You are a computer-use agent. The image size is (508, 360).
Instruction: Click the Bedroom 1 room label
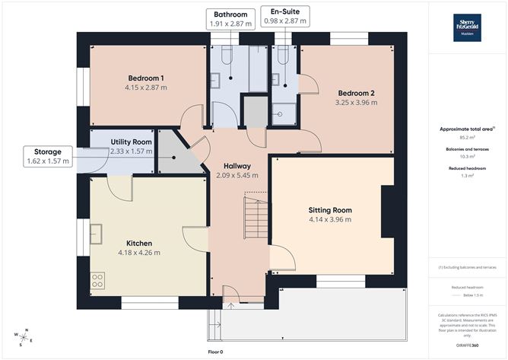coord(146,78)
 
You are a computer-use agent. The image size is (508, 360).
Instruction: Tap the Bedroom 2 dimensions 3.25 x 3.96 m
coord(357,103)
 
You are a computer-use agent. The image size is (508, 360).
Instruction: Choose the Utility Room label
coord(131,142)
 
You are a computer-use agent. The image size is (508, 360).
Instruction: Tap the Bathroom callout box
coord(230,19)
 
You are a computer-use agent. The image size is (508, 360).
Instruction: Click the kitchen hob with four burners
coord(97,280)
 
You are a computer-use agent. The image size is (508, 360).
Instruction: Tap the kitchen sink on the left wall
coord(97,233)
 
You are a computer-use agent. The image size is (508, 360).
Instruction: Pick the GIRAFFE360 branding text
coord(467,345)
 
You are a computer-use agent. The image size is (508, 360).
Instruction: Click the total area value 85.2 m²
coord(467,138)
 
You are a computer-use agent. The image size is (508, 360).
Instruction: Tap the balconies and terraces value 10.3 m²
coord(467,157)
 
